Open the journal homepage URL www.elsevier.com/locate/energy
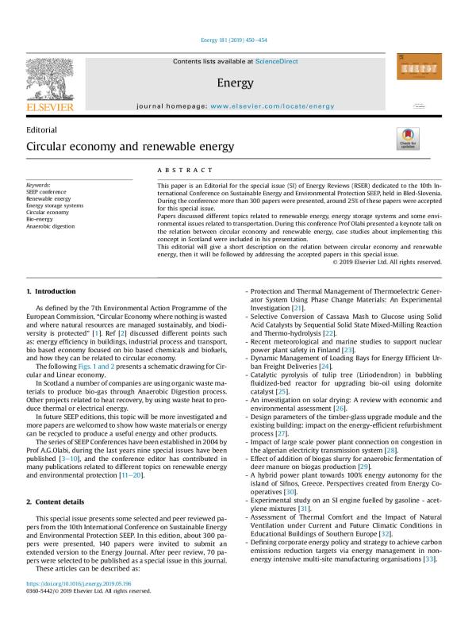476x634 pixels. pos(273,106)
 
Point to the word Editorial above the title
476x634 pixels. pos(42,129)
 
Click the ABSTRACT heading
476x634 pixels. pos(185,171)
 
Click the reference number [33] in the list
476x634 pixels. pos(430,581)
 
